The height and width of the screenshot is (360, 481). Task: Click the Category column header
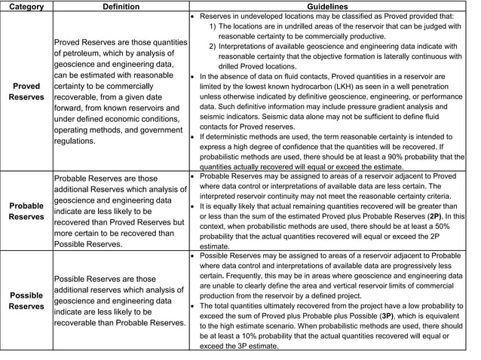[x=26, y=6]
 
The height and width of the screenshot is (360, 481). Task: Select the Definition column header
[x=121, y=6]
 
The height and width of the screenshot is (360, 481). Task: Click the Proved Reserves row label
[x=26, y=92]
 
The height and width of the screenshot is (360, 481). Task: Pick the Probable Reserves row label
[x=26, y=211]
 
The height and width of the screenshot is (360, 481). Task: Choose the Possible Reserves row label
[x=26, y=301]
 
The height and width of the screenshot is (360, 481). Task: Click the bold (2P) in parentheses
[x=435, y=216]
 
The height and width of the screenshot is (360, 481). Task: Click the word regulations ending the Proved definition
[x=77, y=141]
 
